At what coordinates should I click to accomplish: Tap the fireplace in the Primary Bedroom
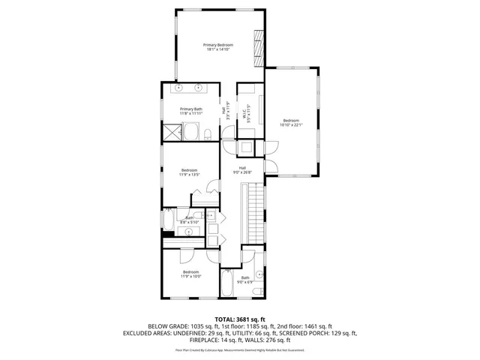[259, 49]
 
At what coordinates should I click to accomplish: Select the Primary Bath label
[190, 112]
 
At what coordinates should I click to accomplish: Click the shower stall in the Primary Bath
[174, 134]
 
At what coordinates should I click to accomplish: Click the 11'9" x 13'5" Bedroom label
[188, 172]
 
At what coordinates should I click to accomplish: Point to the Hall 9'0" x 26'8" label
[242, 169]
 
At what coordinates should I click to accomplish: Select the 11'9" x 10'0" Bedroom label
[190, 274]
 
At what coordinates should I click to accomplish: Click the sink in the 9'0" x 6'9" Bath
[260, 274]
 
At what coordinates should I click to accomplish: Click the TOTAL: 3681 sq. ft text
[239, 319]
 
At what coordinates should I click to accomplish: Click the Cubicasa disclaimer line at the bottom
[240, 349]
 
